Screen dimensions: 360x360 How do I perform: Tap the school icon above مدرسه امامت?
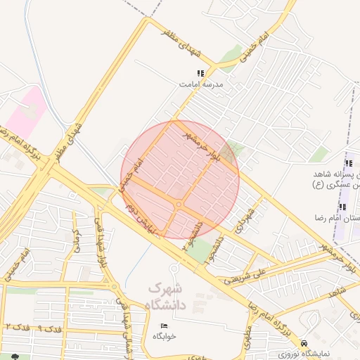[x=200, y=73]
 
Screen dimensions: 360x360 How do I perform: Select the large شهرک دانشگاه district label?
[x=166, y=297]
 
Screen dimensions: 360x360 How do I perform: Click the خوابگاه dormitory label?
[x=164, y=336]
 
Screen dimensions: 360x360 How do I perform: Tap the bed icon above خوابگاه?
[x=164, y=326]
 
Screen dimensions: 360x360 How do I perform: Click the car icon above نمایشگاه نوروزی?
[x=304, y=342]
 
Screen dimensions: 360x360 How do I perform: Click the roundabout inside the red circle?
[x=179, y=204]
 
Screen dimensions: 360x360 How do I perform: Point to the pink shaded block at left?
[x=27, y=112]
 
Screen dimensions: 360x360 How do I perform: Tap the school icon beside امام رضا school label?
[x=342, y=207]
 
